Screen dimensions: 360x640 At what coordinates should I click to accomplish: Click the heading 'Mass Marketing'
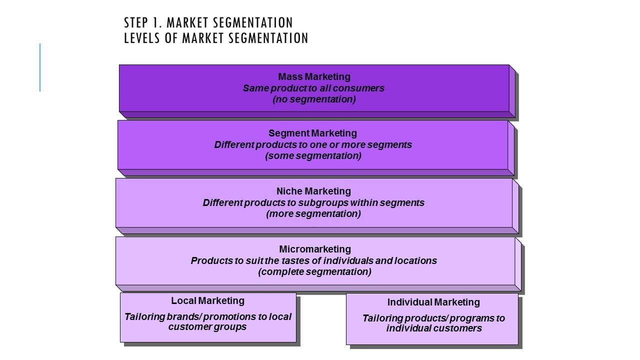click(314, 77)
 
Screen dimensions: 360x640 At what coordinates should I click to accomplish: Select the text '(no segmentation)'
click(314, 99)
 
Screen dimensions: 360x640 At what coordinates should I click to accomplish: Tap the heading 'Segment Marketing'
click(312, 133)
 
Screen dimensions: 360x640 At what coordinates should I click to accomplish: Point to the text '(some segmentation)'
click(313, 155)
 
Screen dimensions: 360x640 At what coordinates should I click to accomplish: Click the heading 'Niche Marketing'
click(313, 191)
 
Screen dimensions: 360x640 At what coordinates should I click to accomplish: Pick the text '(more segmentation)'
click(313, 213)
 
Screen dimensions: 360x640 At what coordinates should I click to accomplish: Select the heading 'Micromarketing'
click(315, 249)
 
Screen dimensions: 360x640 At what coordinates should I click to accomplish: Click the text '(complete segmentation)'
click(314, 272)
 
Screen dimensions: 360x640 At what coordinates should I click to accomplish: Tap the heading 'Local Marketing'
click(207, 301)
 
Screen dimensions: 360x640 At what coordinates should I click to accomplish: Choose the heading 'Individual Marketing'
click(433, 302)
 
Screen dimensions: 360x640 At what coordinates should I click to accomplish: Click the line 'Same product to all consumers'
click(313, 88)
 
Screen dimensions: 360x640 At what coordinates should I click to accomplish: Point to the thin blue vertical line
click(40, 67)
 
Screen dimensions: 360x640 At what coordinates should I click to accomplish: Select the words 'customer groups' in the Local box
click(207, 327)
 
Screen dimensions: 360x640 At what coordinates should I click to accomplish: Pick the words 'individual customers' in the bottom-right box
click(434, 328)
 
